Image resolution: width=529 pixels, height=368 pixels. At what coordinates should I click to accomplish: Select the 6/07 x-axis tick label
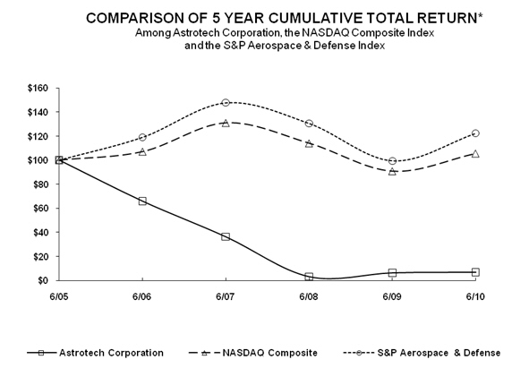click(x=226, y=295)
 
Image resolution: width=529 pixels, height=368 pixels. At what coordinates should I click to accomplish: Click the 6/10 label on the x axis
click(x=475, y=295)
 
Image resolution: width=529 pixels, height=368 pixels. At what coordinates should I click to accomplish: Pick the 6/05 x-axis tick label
click(x=59, y=295)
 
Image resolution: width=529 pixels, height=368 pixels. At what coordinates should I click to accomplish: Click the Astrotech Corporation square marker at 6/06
click(x=142, y=201)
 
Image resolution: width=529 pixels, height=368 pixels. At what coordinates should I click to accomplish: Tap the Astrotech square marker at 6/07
click(x=226, y=236)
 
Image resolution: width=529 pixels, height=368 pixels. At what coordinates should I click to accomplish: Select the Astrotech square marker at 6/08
click(x=309, y=277)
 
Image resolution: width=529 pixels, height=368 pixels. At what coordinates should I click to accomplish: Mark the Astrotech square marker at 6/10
click(x=475, y=272)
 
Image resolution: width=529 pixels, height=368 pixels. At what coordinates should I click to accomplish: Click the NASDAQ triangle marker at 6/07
click(x=226, y=123)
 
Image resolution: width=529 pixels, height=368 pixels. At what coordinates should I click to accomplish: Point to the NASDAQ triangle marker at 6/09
click(x=392, y=171)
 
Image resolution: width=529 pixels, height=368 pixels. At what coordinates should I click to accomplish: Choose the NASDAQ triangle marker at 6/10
click(x=475, y=153)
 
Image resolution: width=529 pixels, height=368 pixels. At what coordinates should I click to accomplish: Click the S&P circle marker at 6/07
click(x=226, y=103)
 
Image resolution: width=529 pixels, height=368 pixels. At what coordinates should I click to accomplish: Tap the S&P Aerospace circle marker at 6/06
click(x=142, y=137)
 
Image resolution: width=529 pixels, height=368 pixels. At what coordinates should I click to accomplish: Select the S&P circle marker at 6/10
click(x=475, y=133)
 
